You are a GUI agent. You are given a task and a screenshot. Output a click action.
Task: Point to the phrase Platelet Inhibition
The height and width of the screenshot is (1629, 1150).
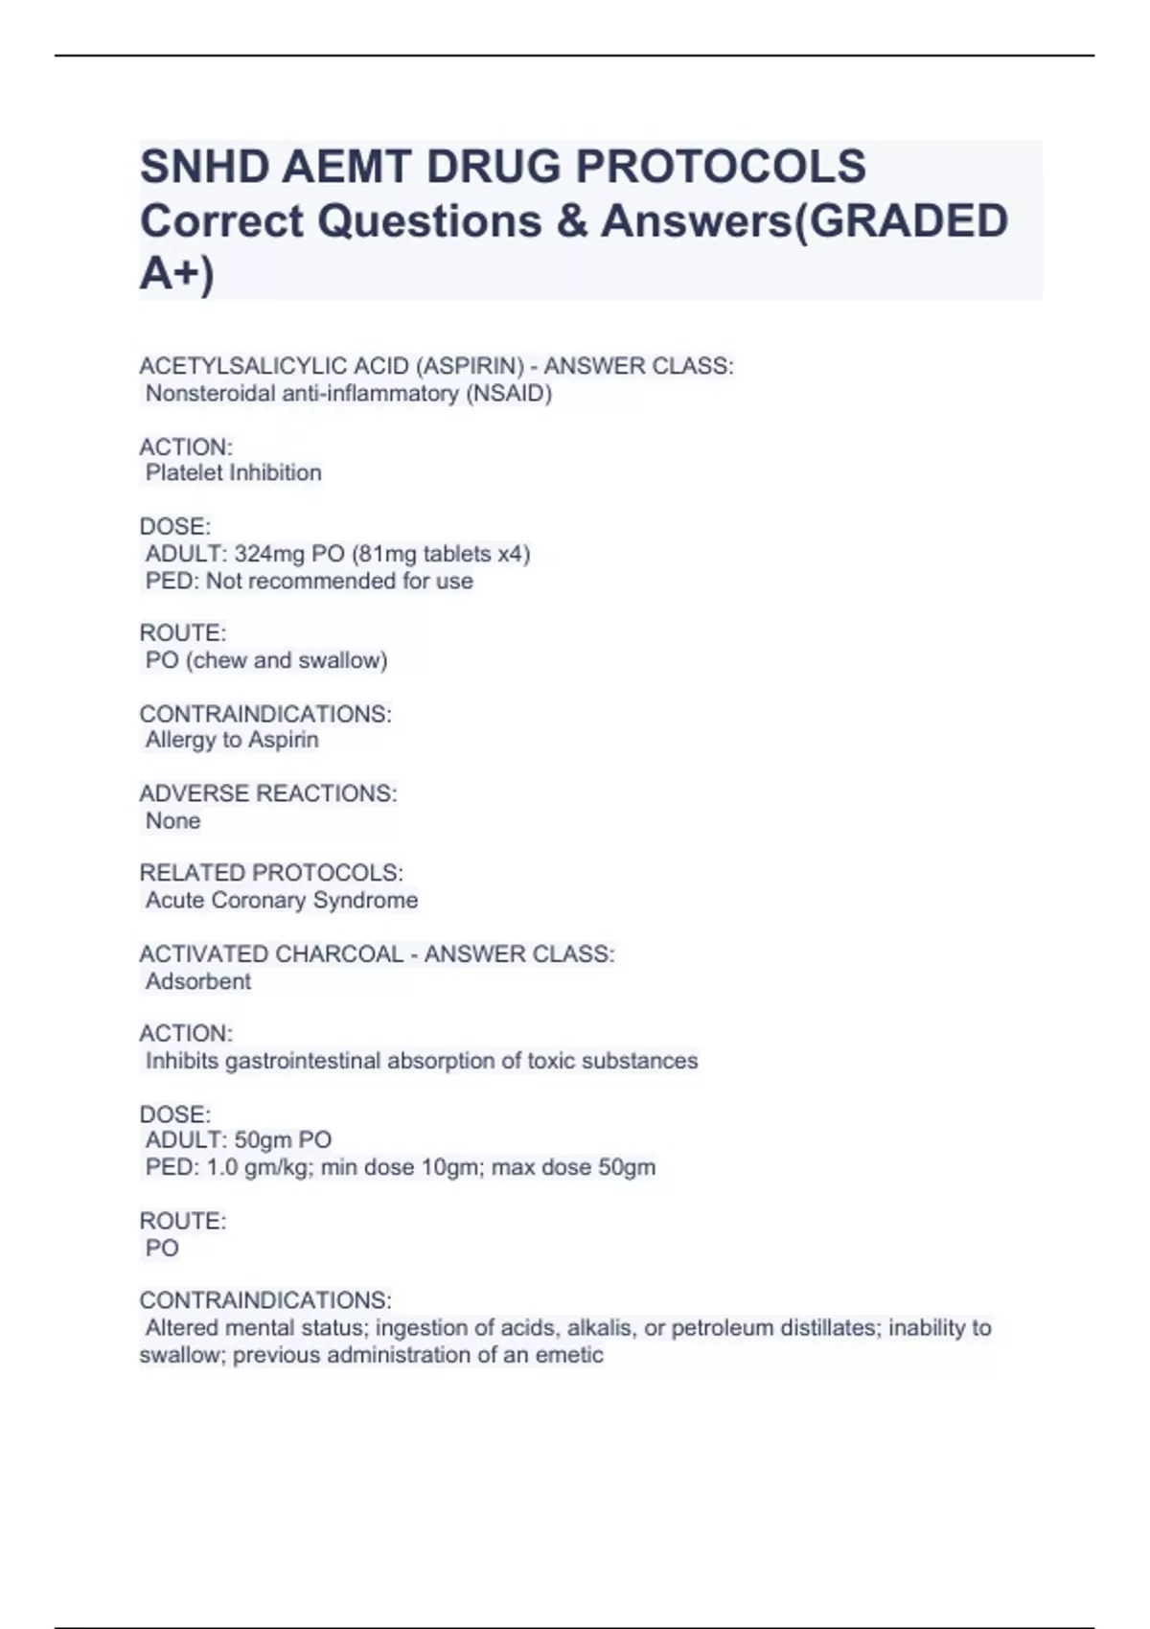233,473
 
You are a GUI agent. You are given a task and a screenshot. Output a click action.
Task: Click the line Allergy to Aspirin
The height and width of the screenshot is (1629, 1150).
232,740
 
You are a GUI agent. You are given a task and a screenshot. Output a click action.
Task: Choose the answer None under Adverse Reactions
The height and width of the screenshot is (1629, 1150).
172,821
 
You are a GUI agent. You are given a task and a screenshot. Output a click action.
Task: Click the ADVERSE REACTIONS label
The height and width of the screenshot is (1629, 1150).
268,794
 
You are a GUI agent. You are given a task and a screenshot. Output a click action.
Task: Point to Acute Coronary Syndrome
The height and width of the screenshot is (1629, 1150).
282,901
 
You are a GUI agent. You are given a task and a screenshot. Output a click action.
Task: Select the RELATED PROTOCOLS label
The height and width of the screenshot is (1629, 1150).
271,873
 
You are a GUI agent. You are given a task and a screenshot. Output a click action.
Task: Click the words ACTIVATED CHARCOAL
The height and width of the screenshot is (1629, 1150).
271,954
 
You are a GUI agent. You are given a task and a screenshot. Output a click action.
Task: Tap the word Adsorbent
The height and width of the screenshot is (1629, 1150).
198,982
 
